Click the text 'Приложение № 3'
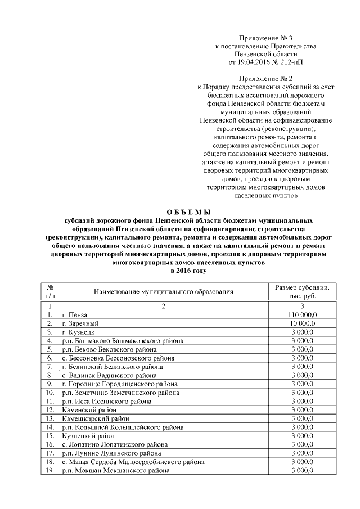coord(265,37)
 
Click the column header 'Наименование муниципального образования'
coord(163,292)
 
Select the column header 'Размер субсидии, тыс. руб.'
coord(302,292)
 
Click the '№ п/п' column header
coord(50,292)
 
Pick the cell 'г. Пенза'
coord(75,314)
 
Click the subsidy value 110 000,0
coord(302,314)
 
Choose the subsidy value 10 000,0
coord(302,323)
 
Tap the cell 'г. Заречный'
coord(80,323)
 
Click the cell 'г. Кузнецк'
coord(79,332)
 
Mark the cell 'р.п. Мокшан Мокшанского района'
coord(115,470)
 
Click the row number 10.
coord(50,392)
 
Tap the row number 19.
coord(50,470)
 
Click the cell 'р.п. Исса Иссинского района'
coord(107,401)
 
